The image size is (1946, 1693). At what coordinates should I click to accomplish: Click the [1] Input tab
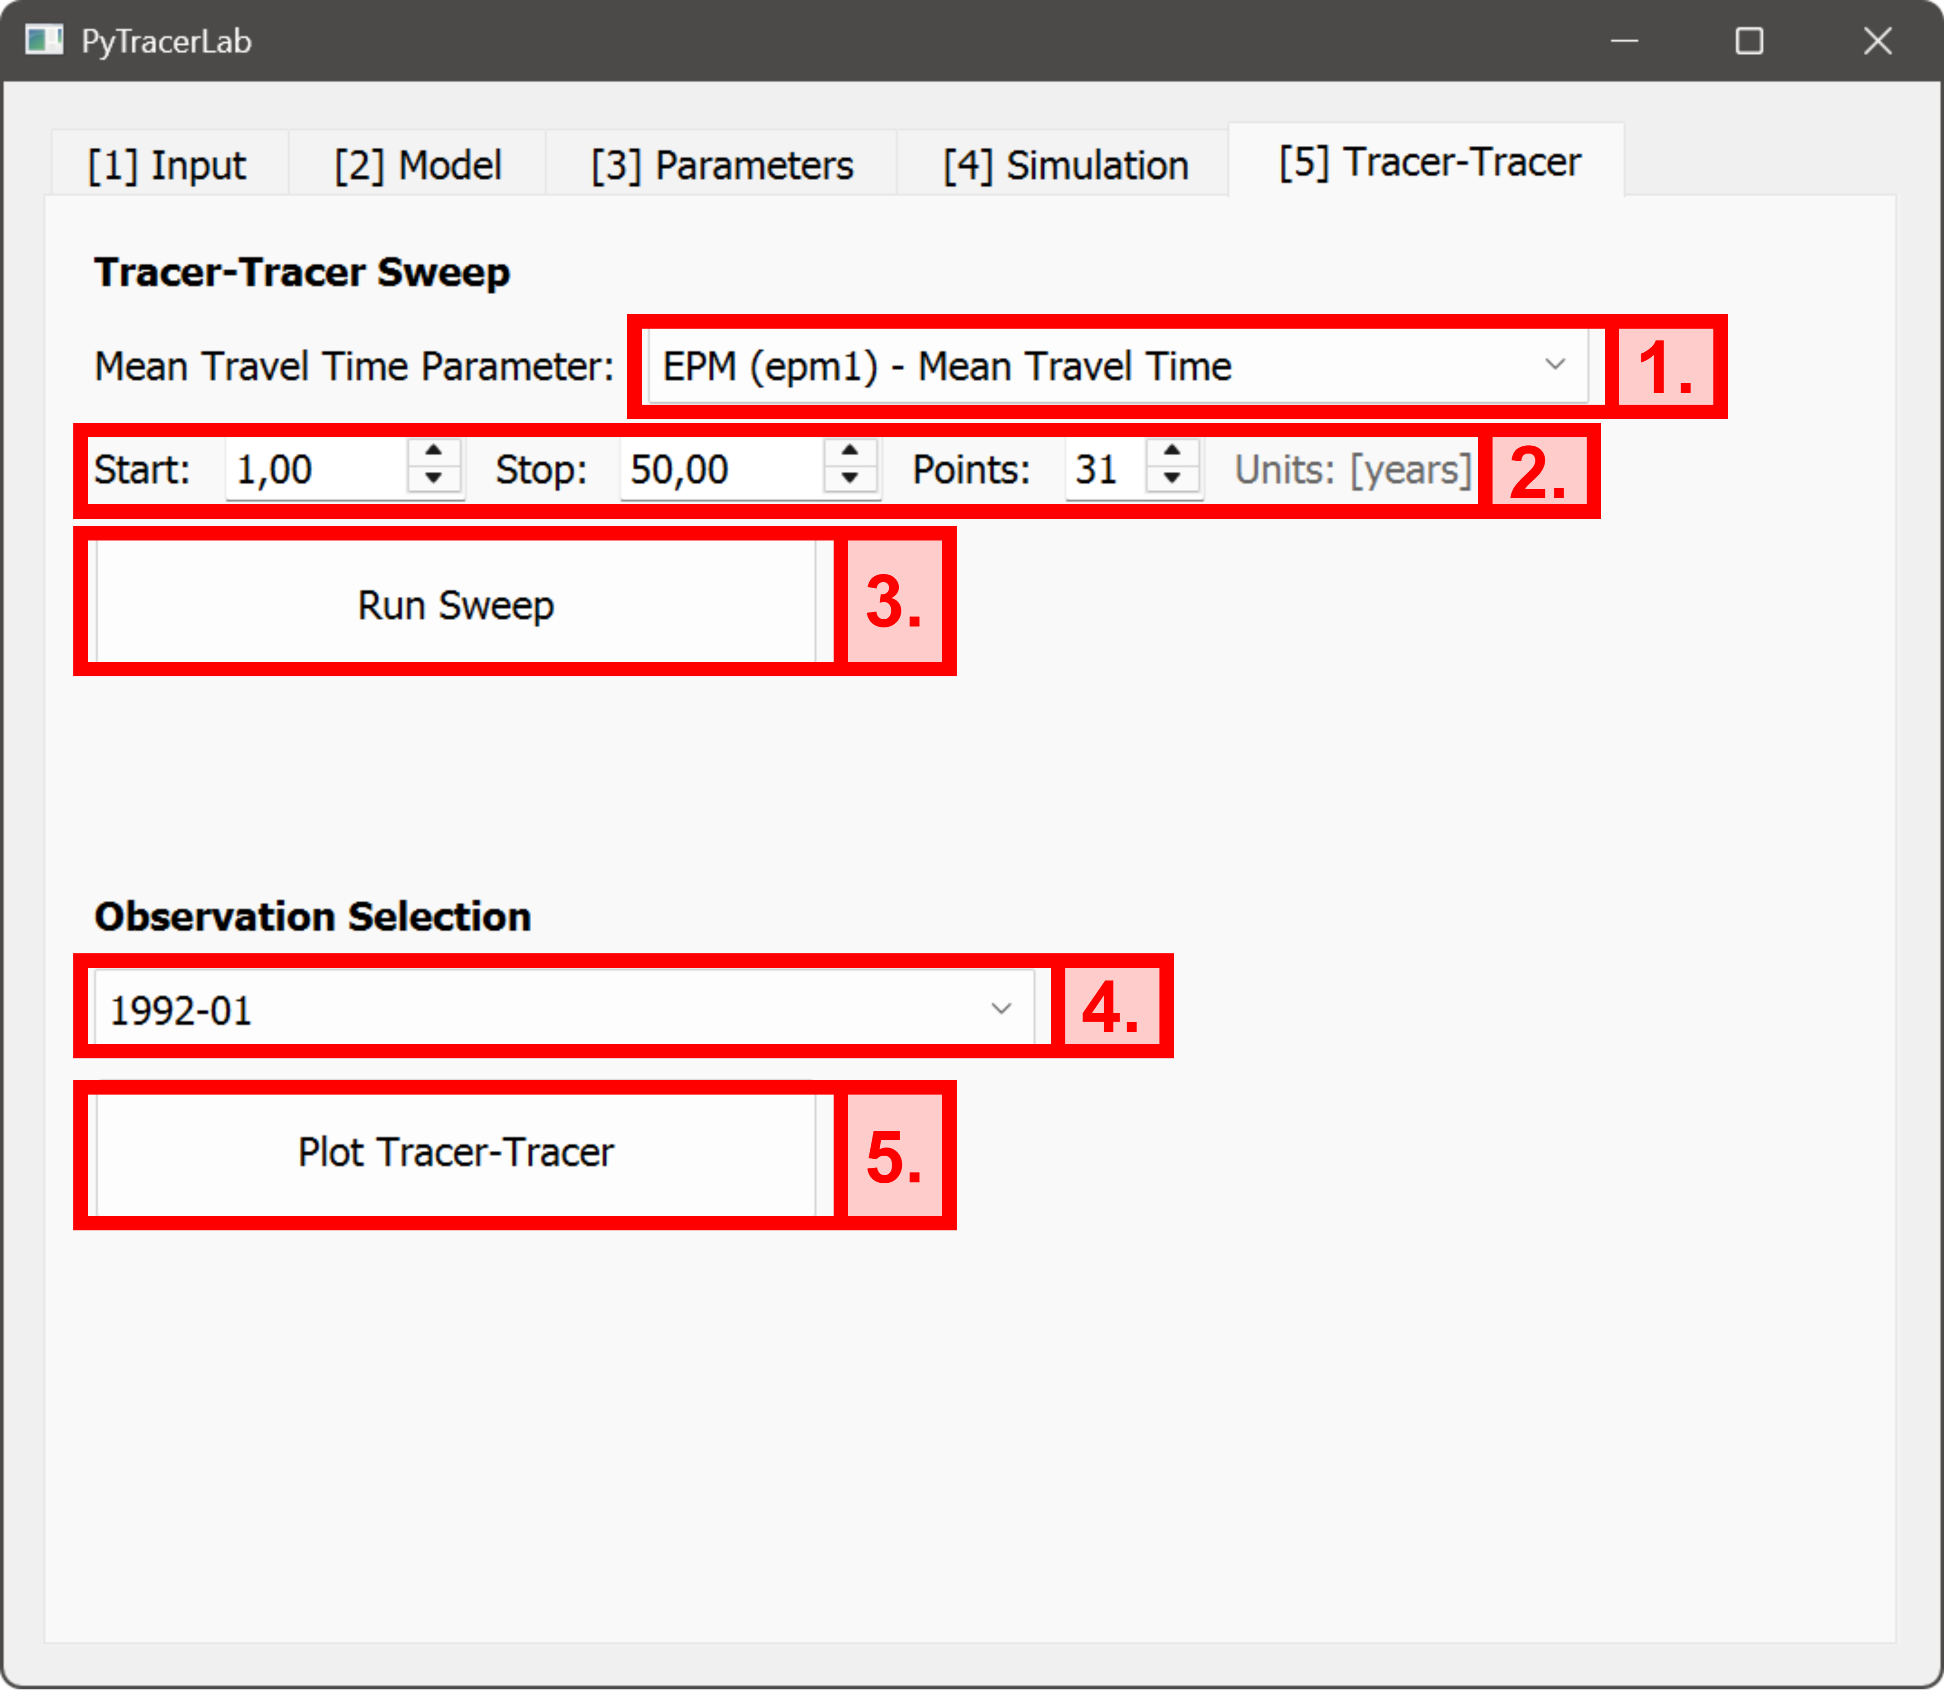[167, 165]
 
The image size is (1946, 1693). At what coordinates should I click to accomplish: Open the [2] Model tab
[418, 165]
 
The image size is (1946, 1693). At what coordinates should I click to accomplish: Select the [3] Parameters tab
[722, 165]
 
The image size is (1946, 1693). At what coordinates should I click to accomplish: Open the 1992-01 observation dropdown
[564, 1009]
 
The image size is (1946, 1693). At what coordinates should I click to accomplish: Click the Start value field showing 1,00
[316, 469]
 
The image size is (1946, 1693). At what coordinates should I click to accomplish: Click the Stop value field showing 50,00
[720, 469]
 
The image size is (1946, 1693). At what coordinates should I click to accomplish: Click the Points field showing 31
[1103, 469]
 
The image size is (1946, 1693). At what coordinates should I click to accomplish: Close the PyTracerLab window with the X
[1877, 41]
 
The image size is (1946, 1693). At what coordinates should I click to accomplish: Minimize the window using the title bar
[1624, 41]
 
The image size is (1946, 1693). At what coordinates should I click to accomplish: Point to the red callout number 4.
[1111, 1007]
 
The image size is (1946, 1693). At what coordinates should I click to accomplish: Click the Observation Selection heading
[313, 916]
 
